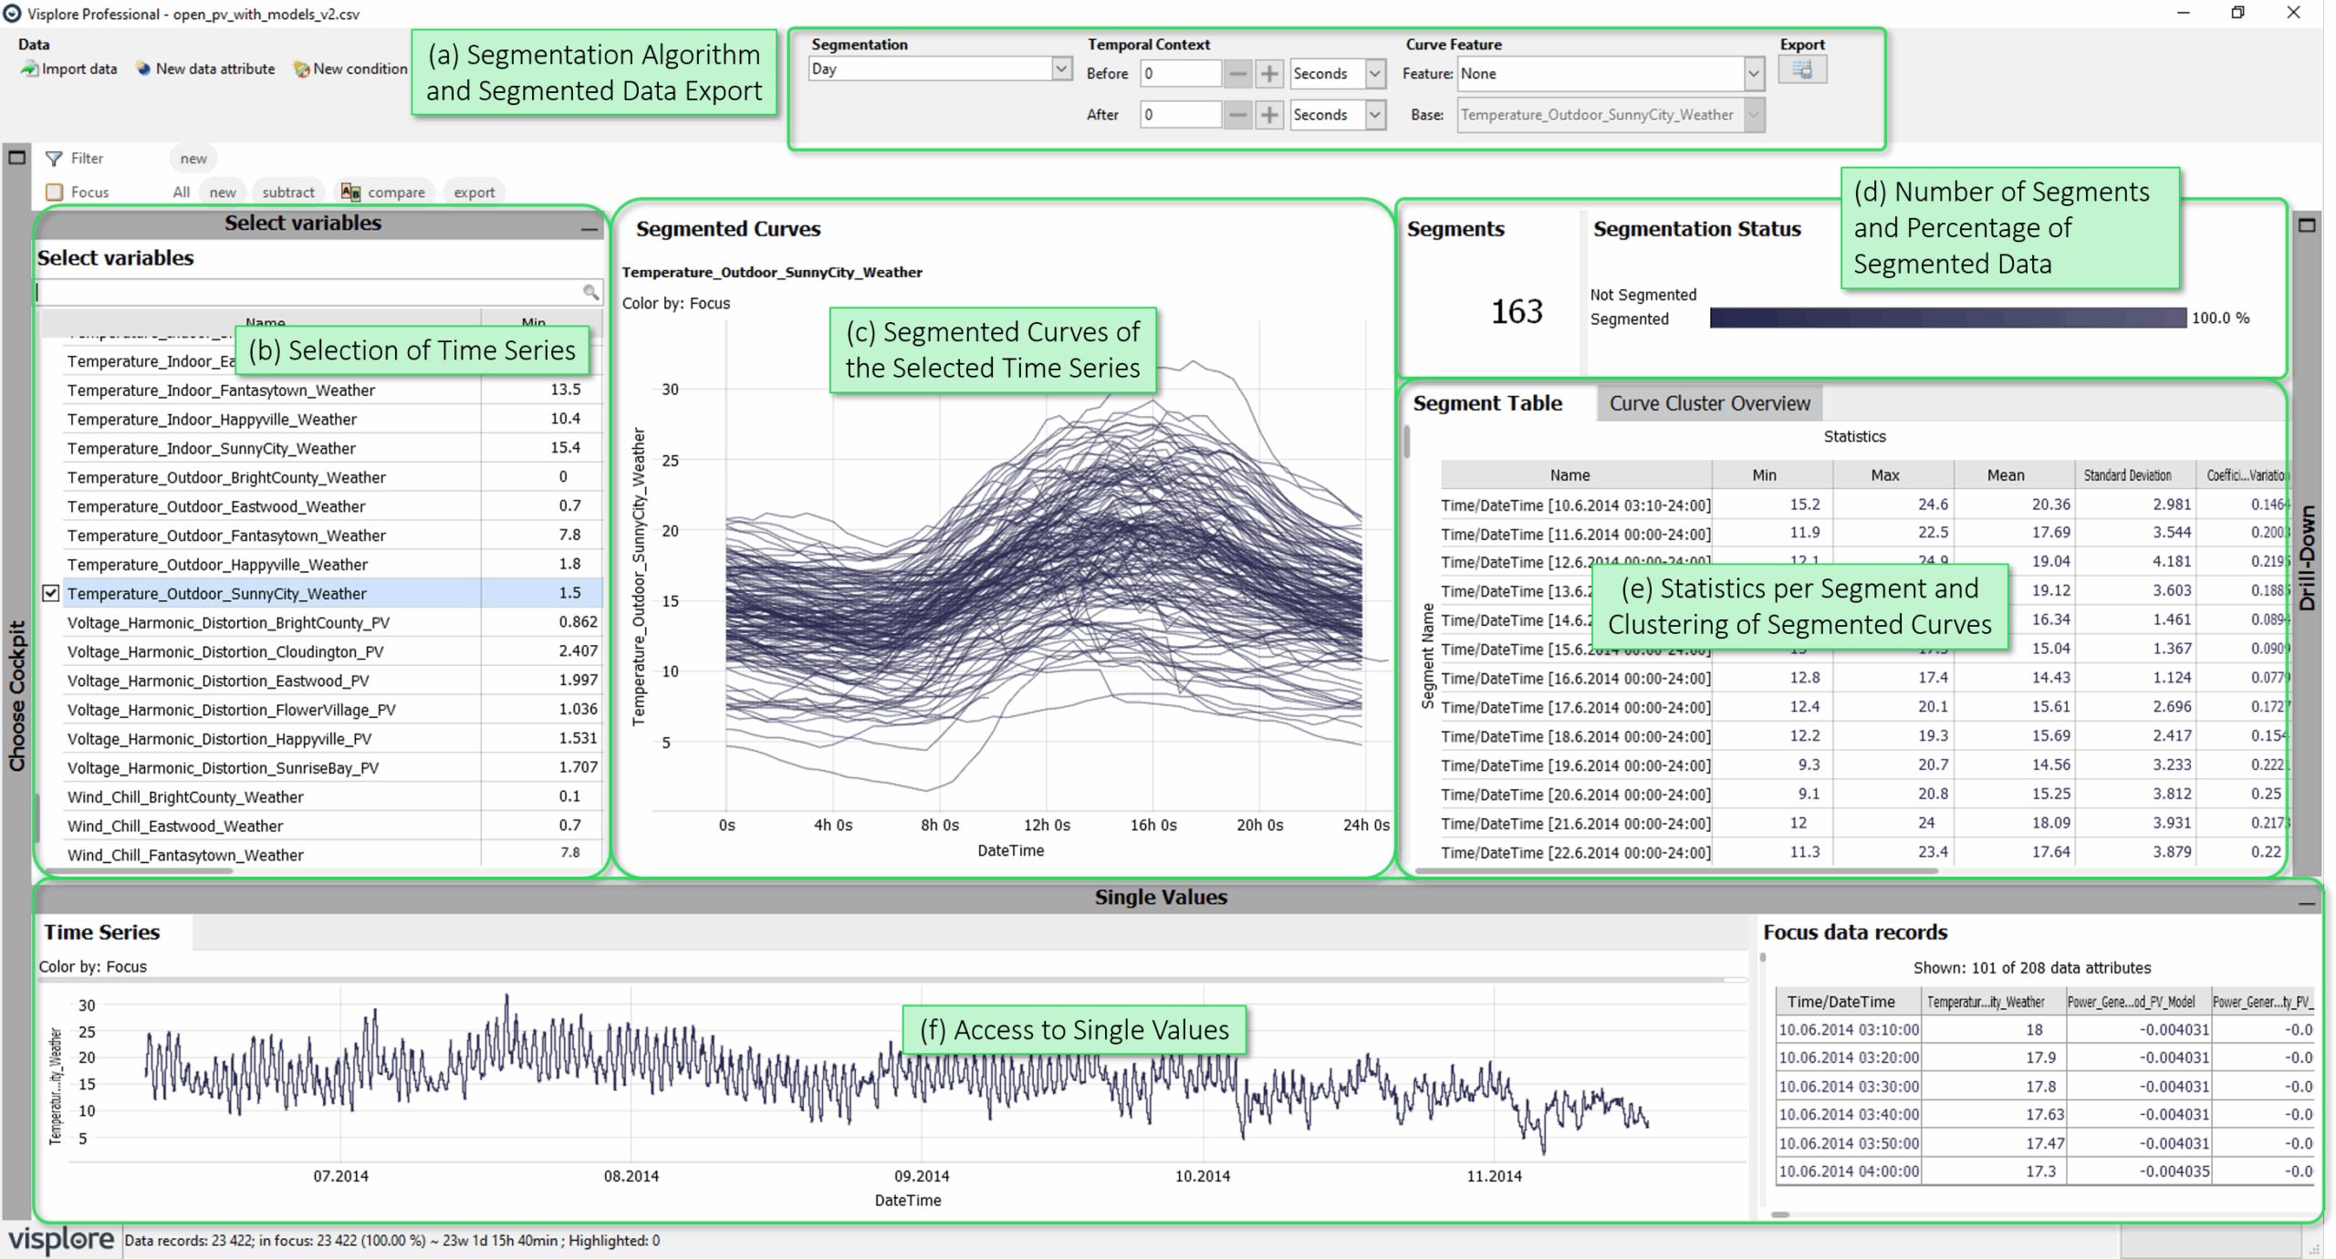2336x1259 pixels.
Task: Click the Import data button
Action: click(x=69, y=68)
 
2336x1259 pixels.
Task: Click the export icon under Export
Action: click(x=1801, y=70)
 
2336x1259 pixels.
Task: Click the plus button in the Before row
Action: click(x=1268, y=74)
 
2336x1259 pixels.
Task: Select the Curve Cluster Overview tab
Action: click(x=1708, y=403)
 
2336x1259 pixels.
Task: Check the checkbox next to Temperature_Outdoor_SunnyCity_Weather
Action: click(x=51, y=593)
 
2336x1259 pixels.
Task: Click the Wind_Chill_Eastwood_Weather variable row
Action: click(x=175, y=826)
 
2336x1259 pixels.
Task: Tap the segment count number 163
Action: click(x=1516, y=311)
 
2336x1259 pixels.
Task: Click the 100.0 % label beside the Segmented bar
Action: click(x=2220, y=317)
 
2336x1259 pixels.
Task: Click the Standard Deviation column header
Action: click(x=2126, y=474)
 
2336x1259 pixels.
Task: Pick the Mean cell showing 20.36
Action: click(x=2050, y=504)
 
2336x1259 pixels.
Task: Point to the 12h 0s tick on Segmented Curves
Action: click(x=1046, y=824)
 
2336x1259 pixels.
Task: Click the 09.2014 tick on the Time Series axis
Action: click(x=921, y=1175)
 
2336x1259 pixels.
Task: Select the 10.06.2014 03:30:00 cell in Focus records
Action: click(x=1848, y=1086)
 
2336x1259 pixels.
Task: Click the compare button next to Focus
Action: click(x=384, y=192)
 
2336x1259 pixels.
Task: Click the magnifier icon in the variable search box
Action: click(x=590, y=292)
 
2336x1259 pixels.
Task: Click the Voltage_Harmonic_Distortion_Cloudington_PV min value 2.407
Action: click(x=578, y=651)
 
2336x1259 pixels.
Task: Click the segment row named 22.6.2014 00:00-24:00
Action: click(x=1575, y=852)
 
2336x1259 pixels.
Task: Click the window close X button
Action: click(x=2292, y=13)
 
